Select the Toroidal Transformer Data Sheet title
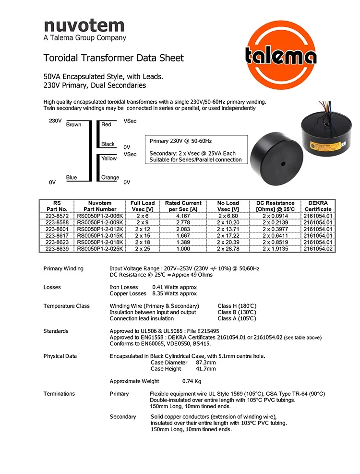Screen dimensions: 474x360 [x=113, y=58]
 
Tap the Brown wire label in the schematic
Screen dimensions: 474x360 [x=73, y=125]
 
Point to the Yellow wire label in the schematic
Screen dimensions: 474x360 [x=109, y=158]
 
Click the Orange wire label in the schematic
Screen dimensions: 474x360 [x=110, y=178]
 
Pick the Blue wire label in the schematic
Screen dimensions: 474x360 [x=72, y=178]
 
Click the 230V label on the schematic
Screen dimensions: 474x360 [x=55, y=121]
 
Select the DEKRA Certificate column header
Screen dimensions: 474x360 [x=318, y=206]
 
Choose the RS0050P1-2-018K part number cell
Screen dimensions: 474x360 [x=100, y=243]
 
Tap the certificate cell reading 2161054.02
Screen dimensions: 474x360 [x=318, y=249]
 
